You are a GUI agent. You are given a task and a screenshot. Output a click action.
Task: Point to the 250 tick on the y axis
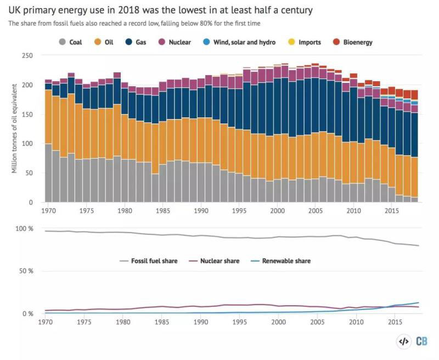27,56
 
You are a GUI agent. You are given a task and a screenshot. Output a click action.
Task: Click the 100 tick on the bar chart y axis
27,144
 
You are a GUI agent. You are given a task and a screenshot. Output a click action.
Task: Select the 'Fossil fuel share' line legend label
154,261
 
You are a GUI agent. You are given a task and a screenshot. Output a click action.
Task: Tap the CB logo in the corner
421,341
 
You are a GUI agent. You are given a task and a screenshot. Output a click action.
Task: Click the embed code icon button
403,341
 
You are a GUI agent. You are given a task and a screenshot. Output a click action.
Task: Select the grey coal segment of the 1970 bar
48,173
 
